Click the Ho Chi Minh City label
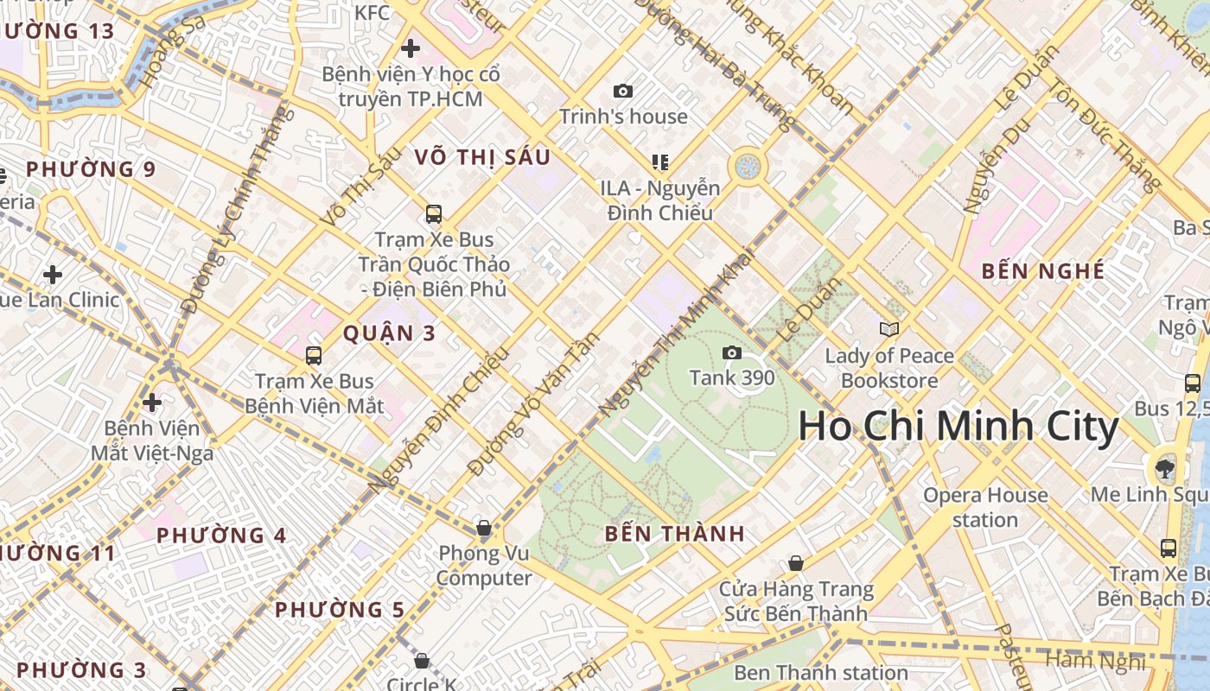958,427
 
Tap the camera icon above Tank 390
731,352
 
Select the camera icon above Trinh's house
622,91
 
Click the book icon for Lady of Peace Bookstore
888,329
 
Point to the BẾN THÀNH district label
674,534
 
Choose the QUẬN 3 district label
389,333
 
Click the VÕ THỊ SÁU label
482,157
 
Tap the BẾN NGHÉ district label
1043,271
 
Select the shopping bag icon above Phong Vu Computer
484,527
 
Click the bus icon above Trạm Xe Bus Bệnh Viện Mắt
314,355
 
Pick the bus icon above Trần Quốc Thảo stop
434,213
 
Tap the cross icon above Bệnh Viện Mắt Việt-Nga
152,403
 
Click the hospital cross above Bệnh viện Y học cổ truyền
411,48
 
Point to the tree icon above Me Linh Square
1164,468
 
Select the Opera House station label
985,508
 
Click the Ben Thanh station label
820,672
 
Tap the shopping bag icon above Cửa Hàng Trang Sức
795,563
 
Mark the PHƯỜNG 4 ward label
221,536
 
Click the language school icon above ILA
660,162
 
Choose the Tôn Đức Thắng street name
1105,135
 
